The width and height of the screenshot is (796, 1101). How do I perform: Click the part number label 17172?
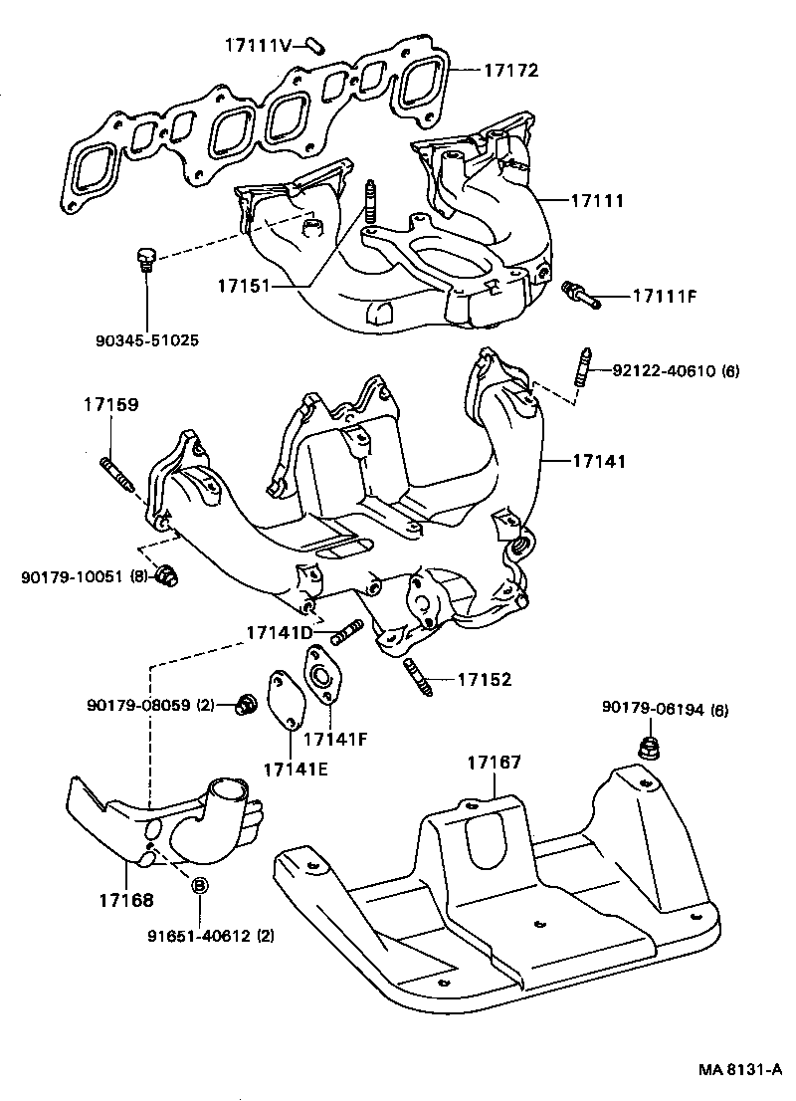coord(510,71)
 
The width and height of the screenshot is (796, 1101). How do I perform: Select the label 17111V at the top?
coord(257,45)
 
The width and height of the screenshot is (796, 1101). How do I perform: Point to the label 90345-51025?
coord(146,340)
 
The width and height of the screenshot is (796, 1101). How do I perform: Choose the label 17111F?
coord(661,296)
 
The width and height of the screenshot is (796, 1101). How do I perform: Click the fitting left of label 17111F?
coord(580,293)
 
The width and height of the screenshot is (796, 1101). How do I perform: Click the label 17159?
coord(110,405)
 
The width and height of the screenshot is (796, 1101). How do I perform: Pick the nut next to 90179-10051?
coord(168,576)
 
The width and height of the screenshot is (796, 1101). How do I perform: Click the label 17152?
coord(485,680)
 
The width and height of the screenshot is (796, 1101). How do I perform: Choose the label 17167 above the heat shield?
coord(495,763)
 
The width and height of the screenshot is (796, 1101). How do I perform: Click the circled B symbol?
coord(198,886)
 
